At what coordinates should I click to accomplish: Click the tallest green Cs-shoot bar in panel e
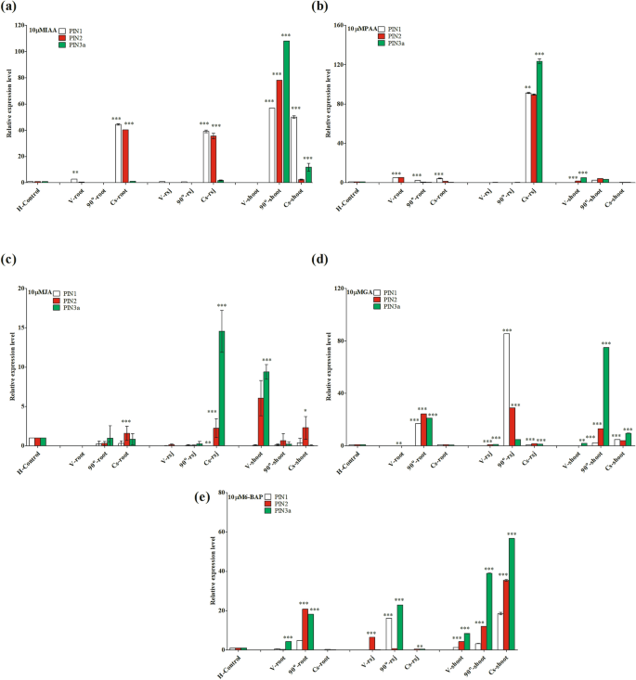512,593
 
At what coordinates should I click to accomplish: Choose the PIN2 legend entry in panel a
78,36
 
